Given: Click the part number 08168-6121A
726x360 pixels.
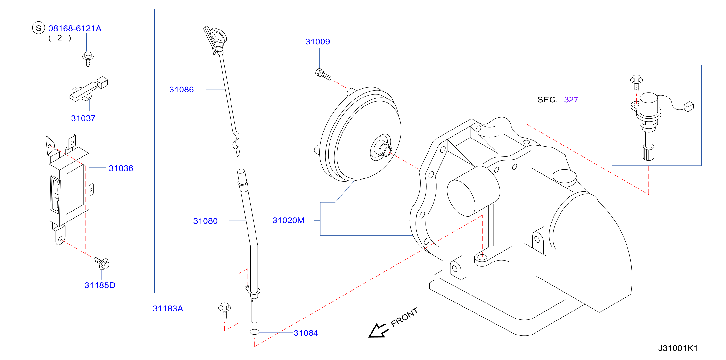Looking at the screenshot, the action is point(75,28).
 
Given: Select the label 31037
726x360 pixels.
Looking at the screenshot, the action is point(83,118).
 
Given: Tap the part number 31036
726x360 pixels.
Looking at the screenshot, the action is point(121,168).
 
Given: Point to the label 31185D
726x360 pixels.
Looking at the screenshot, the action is point(100,285).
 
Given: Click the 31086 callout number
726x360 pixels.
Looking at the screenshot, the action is point(181,90).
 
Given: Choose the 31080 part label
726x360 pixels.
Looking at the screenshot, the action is point(206,221).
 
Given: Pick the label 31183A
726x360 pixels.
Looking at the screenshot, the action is point(168,309).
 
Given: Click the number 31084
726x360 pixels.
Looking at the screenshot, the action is point(306,333).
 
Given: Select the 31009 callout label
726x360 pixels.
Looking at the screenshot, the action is point(318,42).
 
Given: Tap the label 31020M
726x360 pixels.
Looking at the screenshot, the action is point(288,220).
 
